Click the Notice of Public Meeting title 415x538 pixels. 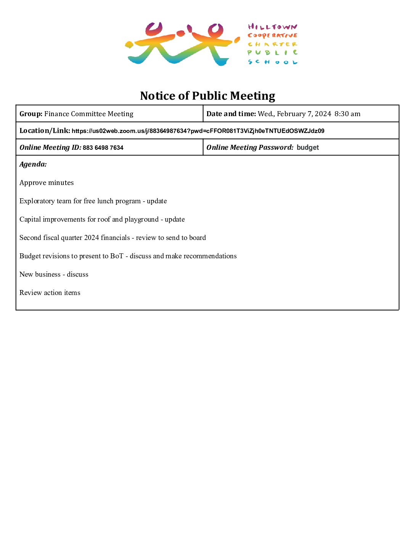point(207,96)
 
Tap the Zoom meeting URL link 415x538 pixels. point(198,131)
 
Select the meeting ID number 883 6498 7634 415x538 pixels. point(103,148)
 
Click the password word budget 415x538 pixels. point(307,147)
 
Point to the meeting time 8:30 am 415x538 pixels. point(347,114)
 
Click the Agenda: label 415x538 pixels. point(33,164)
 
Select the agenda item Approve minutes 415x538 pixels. point(47,183)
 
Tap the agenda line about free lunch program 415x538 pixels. point(93,201)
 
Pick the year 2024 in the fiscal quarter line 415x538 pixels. point(92,238)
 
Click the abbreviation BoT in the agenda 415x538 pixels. point(117,256)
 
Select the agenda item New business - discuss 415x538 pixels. point(54,274)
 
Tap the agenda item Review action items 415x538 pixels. point(50,293)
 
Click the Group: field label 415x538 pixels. point(31,114)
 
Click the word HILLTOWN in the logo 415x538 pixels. point(272,27)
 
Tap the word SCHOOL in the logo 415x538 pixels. point(272,62)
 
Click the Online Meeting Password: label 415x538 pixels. point(250,147)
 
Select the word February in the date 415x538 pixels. point(291,114)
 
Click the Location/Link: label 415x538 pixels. point(45,131)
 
